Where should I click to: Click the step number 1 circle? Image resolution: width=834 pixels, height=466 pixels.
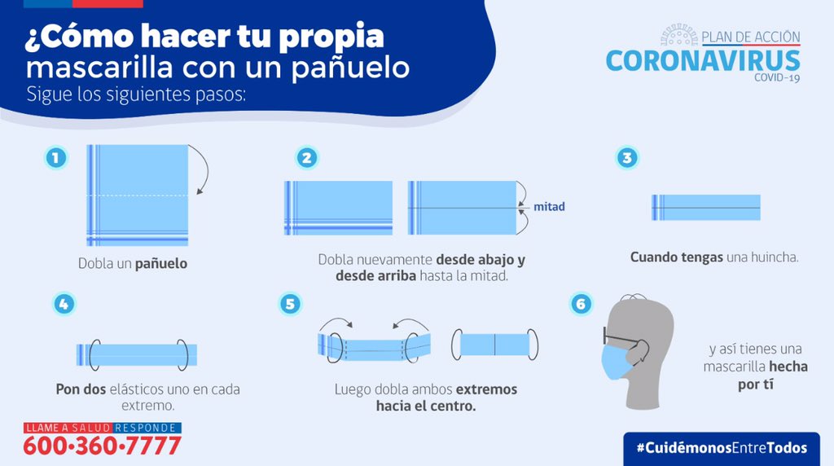click(x=55, y=157)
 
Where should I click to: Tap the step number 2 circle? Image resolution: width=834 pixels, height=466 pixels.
click(x=305, y=157)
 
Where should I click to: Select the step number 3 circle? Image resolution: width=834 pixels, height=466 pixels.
click(x=626, y=157)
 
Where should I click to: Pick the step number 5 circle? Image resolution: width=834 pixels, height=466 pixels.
click(x=290, y=304)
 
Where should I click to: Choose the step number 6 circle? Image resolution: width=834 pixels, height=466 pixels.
click(x=580, y=304)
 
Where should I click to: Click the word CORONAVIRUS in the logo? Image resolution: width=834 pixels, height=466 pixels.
click(x=703, y=60)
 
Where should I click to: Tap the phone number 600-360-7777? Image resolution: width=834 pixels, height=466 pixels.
click(x=102, y=446)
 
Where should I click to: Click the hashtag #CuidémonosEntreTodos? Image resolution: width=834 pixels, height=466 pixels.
click(x=722, y=448)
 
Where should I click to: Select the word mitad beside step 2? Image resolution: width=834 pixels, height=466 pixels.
click(x=549, y=207)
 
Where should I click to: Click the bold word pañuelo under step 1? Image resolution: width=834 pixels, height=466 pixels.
click(x=161, y=263)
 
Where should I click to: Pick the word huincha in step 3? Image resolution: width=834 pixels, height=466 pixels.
click(x=773, y=257)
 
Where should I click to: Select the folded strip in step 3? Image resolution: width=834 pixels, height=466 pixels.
click(x=705, y=208)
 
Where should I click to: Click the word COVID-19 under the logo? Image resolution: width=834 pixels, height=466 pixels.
click(x=776, y=77)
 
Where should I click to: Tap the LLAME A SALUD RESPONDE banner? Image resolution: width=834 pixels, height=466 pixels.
click(x=102, y=428)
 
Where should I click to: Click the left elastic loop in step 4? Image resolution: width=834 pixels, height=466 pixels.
click(x=94, y=354)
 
